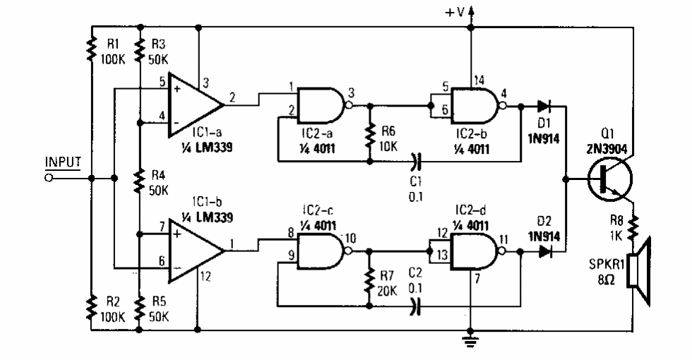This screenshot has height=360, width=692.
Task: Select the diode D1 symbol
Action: coord(543,107)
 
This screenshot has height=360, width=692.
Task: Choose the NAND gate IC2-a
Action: coord(322,106)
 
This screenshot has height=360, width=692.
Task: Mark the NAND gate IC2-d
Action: coord(473,251)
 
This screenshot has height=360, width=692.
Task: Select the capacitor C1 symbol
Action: coord(417,161)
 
